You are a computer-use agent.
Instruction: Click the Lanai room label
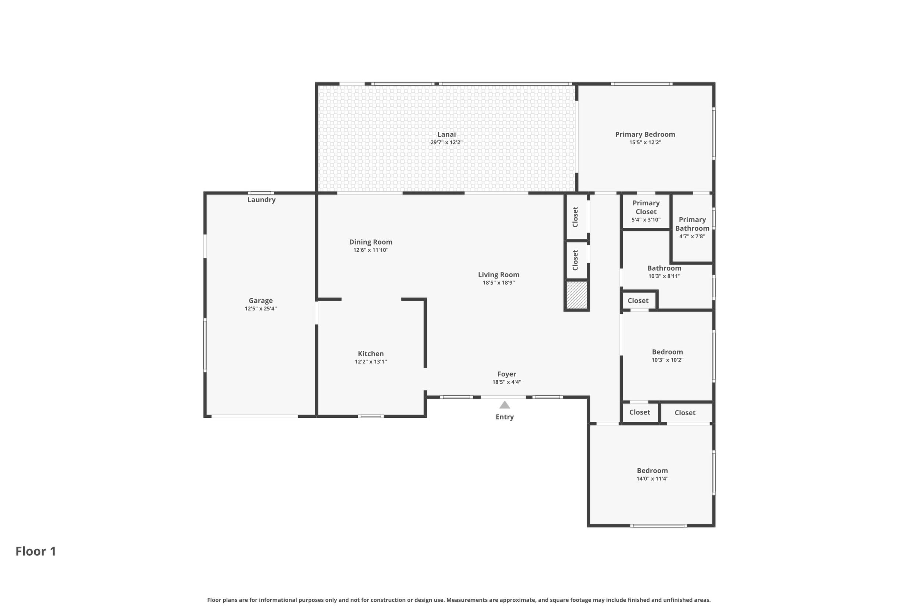pos(446,134)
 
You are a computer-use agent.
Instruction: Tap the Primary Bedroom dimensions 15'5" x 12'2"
pos(645,142)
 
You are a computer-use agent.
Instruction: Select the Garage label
pos(260,300)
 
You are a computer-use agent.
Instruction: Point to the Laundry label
pos(261,200)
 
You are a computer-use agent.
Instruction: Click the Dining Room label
pos(370,242)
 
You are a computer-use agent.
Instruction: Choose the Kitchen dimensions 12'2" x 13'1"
pos(370,362)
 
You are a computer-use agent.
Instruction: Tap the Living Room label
pos(498,275)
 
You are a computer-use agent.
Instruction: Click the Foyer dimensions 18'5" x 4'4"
pos(506,382)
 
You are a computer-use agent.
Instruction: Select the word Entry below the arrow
pos(504,417)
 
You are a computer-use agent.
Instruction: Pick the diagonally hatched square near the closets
pos(576,295)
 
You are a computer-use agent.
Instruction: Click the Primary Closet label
pos(646,207)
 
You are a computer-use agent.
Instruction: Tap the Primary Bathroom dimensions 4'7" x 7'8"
pos(692,236)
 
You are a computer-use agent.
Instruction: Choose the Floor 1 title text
pos(36,551)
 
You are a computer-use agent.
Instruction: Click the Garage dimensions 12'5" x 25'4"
pos(260,309)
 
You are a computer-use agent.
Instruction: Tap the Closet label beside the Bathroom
pos(638,300)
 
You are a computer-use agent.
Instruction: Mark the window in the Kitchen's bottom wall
pos(371,416)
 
